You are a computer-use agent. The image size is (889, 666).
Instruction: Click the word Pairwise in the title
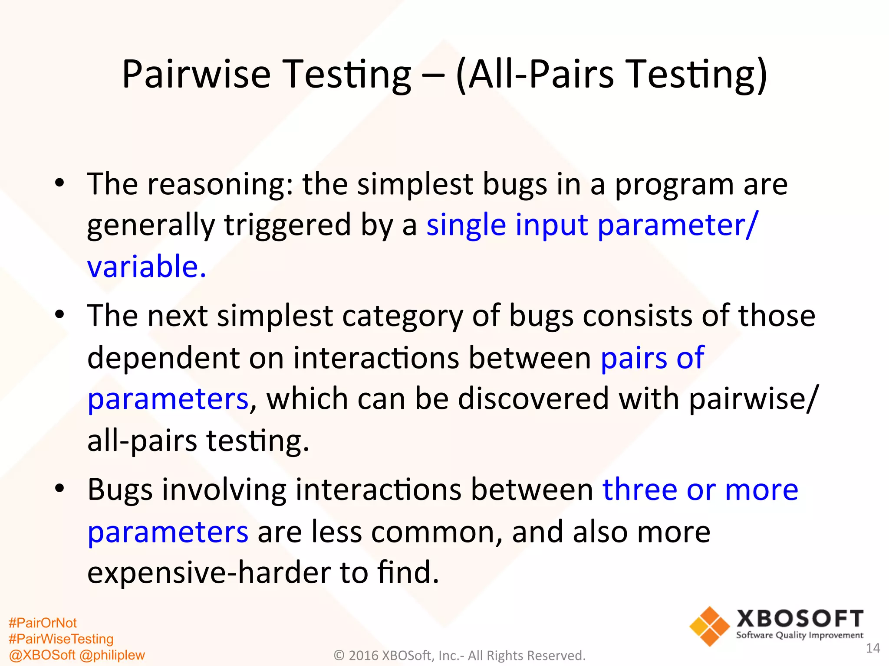pos(196,75)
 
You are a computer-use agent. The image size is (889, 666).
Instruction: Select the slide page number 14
pos(873,648)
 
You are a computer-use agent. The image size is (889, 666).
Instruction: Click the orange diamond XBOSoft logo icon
pos(709,626)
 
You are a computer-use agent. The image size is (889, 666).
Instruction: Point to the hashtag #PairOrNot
pos(43,623)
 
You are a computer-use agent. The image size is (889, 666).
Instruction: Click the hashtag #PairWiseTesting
pos(61,639)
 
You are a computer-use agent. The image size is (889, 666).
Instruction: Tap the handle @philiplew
pos(112,655)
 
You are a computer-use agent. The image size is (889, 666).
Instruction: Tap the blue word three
pos(640,490)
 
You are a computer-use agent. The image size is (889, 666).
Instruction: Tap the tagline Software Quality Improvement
pos(800,636)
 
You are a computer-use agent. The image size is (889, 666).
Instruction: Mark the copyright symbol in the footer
pos(339,656)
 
